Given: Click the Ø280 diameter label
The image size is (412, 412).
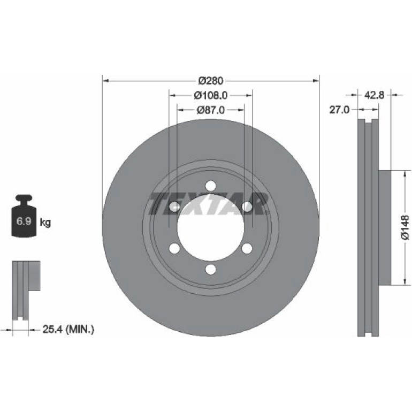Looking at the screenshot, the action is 211,80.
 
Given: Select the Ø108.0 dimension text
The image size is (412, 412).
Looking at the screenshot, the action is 211,95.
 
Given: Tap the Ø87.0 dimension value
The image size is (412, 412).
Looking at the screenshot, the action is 211,110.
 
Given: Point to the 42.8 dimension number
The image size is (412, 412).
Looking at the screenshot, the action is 374,95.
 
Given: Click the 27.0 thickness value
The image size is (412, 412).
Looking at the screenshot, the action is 339,110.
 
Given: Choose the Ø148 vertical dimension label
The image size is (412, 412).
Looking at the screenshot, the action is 405,227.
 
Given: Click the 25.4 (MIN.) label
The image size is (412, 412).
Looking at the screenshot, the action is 68,329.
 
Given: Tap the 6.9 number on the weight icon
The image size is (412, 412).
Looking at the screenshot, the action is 24,221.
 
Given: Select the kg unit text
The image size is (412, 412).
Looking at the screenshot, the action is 45,223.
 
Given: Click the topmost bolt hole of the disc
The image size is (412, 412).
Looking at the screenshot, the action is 211,186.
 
